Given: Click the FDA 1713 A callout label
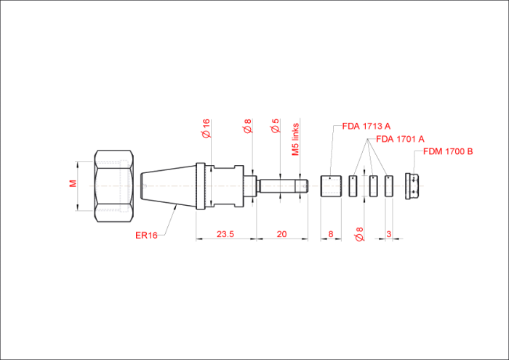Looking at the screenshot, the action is pyautogui.click(x=366, y=127).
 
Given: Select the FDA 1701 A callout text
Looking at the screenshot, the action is pyautogui.click(x=400, y=139).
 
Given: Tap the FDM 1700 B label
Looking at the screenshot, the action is pyautogui.click(x=448, y=151).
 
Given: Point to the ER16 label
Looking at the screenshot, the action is pyautogui.click(x=146, y=236).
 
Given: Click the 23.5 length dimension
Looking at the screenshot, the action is pyautogui.click(x=225, y=234).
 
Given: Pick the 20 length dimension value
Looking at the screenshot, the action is pyautogui.click(x=281, y=234).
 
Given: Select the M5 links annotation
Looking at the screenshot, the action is pyautogui.click(x=295, y=139).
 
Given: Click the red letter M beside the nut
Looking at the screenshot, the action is pyautogui.click(x=73, y=183).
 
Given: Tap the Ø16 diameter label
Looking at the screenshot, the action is pyautogui.click(x=206, y=129).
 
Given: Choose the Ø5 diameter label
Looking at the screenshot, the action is pyautogui.click(x=275, y=126).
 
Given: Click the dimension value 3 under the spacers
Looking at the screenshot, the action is pyautogui.click(x=388, y=234).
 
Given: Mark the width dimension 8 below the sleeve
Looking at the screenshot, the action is pyautogui.click(x=331, y=234).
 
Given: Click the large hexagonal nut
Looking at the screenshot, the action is pyautogui.click(x=114, y=186).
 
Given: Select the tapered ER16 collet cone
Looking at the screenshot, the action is pyautogui.click(x=168, y=186).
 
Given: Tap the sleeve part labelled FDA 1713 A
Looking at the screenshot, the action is pyautogui.click(x=331, y=186).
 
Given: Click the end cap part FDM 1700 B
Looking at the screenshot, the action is pyautogui.click(x=412, y=186).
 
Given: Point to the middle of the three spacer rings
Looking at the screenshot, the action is pyautogui.click(x=374, y=186).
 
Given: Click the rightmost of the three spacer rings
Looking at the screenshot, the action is pyautogui.click(x=388, y=186).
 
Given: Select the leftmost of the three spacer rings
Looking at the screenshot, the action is pyautogui.click(x=353, y=186).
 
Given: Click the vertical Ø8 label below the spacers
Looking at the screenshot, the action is pyautogui.click(x=359, y=234).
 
